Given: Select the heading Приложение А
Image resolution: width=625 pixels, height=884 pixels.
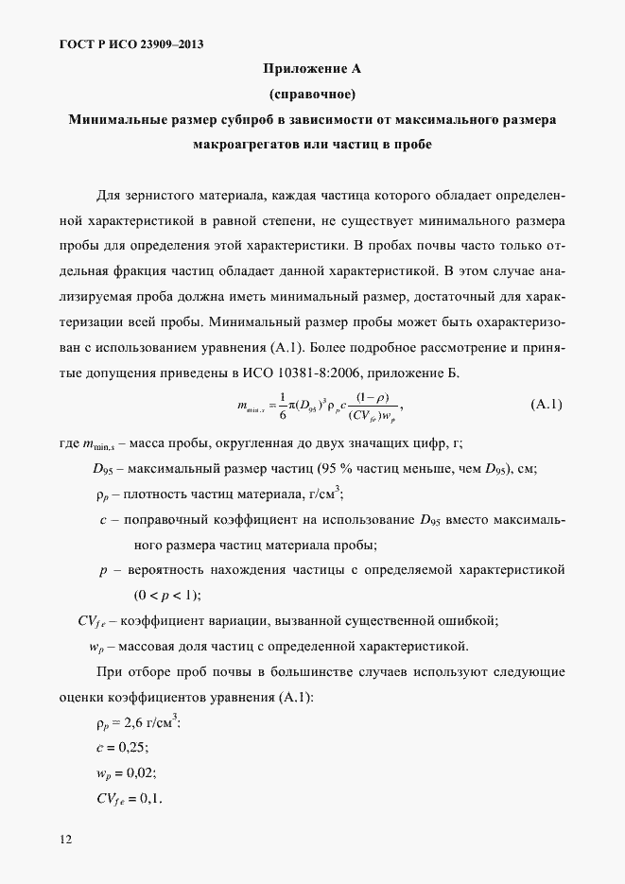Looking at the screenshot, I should pyautogui.click(x=312, y=69).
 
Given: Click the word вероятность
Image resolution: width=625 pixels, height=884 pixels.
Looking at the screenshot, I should pyautogui.click(x=176, y=570).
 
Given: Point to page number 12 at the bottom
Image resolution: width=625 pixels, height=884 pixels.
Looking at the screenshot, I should pyautogui.click(x=65, y=839).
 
